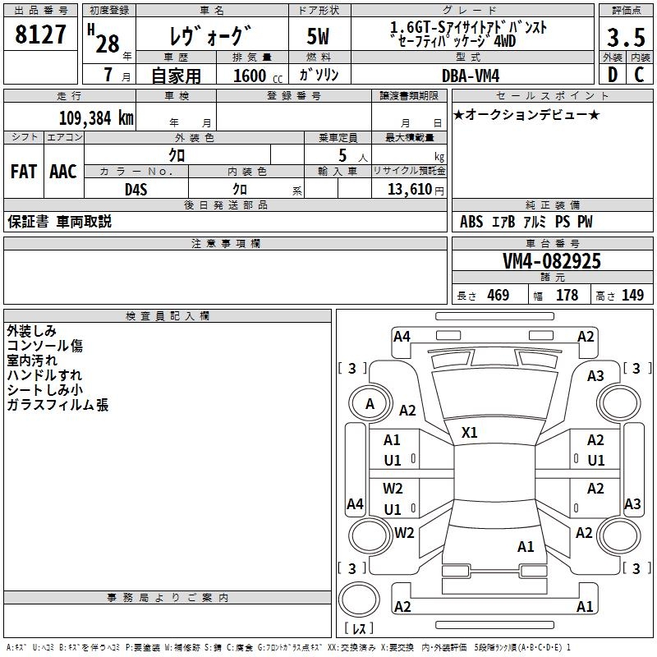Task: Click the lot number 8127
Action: (x=41, y=34)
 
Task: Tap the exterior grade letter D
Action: (x=613, y=75)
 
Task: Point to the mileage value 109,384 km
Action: (x=96, y=117)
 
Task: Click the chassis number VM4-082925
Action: (x=552, y=261)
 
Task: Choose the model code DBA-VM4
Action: (x=471, y=75)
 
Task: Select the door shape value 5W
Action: (x=319, y=38)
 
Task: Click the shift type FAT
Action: (x=24, y=172)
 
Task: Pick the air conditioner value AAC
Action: (x=63, y=172)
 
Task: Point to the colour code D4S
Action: (x=136, y=189)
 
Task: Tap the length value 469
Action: (x=498, y=296)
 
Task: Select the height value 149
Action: (x=632, y=296)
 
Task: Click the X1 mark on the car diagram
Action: (x=470, y=432)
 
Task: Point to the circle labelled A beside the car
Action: (x=370, y=404)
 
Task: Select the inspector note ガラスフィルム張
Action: (x=57, y=405)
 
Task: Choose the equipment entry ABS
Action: (x=471, y=222)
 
